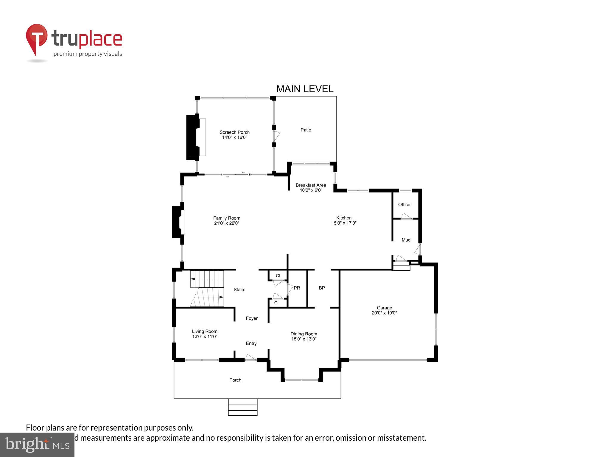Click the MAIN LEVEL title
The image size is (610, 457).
pos(305,89)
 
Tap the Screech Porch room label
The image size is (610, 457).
pos(234,132)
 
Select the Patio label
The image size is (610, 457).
pos(306,130)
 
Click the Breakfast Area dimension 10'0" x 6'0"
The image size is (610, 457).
pos(311,190)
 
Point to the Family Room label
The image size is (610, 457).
pos(226,218)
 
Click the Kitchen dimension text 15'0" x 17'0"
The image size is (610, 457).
pos(344,223)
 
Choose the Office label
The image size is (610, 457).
pos(404,204)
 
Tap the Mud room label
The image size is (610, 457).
pos(406,240)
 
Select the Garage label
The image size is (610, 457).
pos(384,308)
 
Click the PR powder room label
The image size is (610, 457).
pos(297,288)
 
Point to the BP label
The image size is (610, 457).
pos(322,288)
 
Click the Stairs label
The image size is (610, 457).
pos(239,289)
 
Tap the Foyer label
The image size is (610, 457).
pos(251,318)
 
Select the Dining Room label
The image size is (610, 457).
pos(304,334)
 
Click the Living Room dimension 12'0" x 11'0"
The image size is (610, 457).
pos(205,337)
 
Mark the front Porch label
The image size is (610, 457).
pos(235,380)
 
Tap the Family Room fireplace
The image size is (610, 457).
pos(178,222)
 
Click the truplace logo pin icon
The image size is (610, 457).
pos(37,39)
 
